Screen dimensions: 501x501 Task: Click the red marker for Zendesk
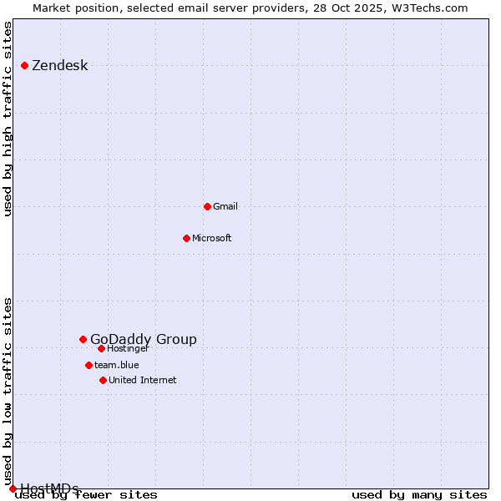pyautogui.click(x=25, y=65)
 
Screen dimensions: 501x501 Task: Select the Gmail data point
pyautogui.click(x=207, y=206)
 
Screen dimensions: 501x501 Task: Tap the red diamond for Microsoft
pyautogui.click(x=187, y=238)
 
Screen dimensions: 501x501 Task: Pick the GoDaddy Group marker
pyautogui.click(x=83, y=339)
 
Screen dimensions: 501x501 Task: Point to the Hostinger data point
pyautogui.click(x=101, y=348)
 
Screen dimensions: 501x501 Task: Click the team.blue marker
pyautogui.click(x=89, y=365)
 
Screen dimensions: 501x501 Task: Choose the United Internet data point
pyautogui.click(x=103, y=380)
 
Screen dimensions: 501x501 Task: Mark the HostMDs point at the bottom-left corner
pyautogui.click(x=13, y=488)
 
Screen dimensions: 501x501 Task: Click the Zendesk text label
pyautogui.click(x=59, y=66)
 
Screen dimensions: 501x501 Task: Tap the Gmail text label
pyautogui.click(x=225, y=206)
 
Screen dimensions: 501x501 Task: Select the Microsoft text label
pyautogui.click(x=212, y=238)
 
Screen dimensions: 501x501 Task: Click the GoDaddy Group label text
pyautogui.click(x=144, y=339)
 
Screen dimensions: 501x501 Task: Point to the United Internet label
pyautogui.click(x=143, y=380)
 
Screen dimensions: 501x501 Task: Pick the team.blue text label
pyautogui.click(x=117, y=365)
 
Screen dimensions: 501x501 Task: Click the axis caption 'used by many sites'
pyautogui.click(x=419, y=495)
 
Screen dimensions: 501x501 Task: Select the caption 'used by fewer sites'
pyautogui.click(x=87, y=495)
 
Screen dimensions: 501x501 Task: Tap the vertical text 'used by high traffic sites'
pyautogui.click(x=8, y=119)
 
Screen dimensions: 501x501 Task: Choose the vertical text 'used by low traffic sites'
pyautogui.click(x=8, y=392)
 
